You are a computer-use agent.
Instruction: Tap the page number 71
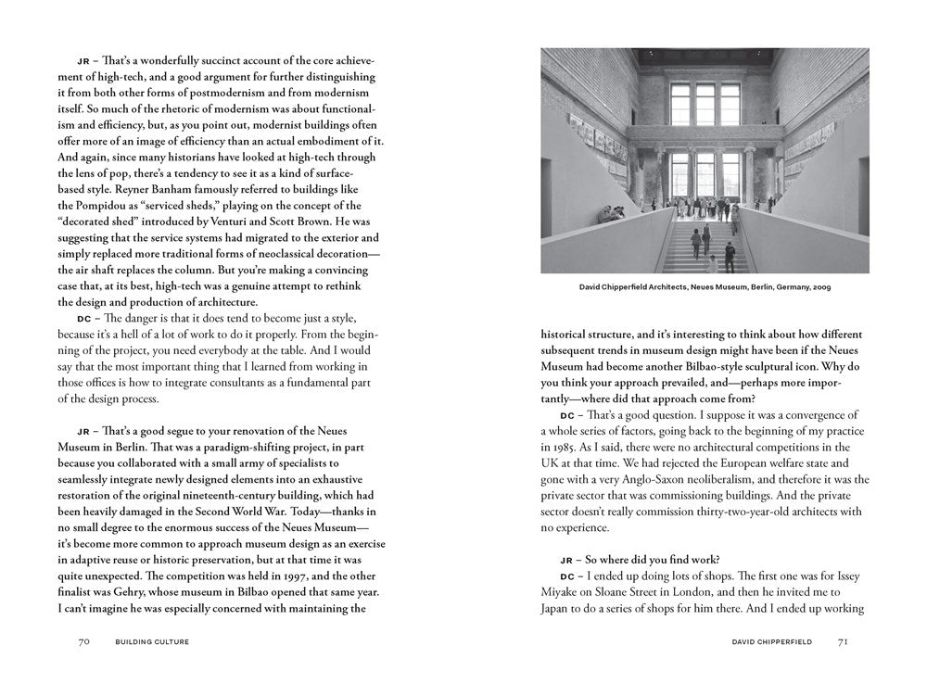842,640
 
